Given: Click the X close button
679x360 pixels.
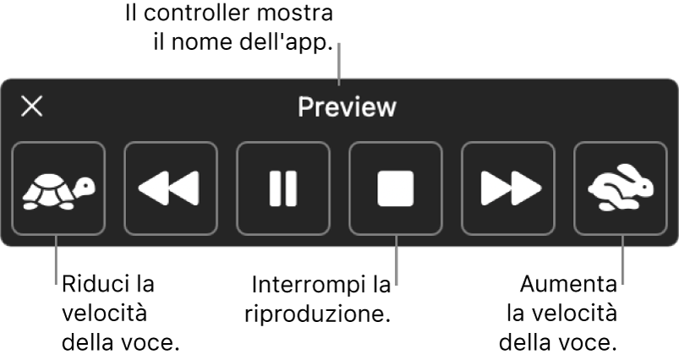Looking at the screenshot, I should (x=32, y=106).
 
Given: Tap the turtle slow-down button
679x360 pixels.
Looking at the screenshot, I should (x=59, y=188).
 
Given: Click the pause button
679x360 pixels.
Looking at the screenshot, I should (x=283, y=188).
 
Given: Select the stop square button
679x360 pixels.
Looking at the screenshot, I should (x=396, y=188).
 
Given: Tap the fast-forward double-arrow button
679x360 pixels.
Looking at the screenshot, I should (x=507, y=188).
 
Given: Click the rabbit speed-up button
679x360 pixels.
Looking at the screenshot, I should (x=620, y=188).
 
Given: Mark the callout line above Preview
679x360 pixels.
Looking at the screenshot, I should (x=339, y=63).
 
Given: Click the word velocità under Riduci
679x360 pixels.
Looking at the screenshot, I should (x=105, y=314).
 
